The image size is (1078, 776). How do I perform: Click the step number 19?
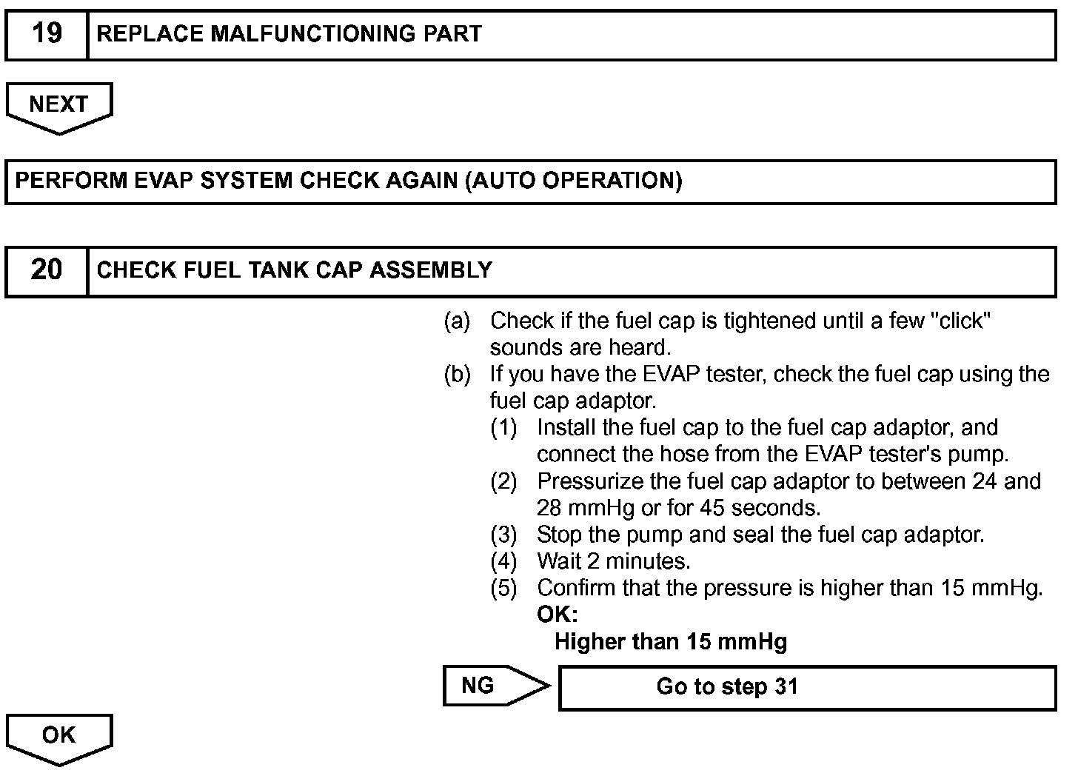click(47, 34)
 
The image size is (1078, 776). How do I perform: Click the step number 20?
click(47, 270)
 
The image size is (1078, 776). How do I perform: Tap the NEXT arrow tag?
click(58, 105)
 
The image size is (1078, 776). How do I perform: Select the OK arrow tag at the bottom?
click(58, 736)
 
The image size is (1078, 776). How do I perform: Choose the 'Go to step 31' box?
click(807, 687)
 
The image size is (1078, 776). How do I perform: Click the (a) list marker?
click(457, 321)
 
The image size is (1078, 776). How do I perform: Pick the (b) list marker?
click(457, 375)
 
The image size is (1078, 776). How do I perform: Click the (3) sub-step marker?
click(503, 535)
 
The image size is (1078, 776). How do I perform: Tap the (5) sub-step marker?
click(503, 588)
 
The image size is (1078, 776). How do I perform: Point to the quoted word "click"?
click(961, 321)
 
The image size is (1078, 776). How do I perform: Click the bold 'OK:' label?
click(557, 615)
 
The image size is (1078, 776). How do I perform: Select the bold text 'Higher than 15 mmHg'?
click(670, 641)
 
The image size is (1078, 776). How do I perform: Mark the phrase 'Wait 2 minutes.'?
click(613, 561)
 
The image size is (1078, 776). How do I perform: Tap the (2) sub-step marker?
click(503, 481)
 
